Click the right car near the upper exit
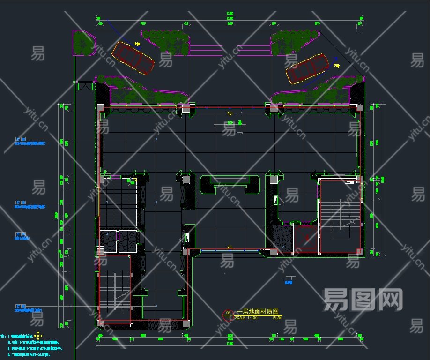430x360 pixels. (x=307, y=68)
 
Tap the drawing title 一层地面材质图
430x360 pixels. (x=258, y=311)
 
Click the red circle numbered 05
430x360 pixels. (x=228, y=314)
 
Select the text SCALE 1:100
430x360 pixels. (x=246, y=318)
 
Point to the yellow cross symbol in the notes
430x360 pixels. (x=38, y=336)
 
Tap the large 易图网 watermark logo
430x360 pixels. (x=363, y=299)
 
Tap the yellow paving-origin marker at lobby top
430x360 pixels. (x=230, y=113)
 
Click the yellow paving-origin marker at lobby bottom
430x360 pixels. (x=230, y=247)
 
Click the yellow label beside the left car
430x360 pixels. (x=137, y=44)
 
